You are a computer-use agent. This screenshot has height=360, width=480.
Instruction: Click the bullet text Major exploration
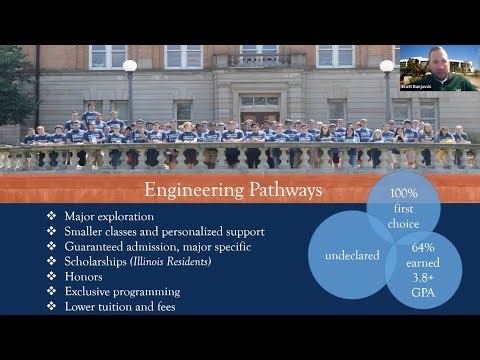(107, 216)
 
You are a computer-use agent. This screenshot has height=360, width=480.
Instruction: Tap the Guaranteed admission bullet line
(157, 246)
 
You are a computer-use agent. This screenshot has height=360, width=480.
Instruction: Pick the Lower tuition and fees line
(120, 306)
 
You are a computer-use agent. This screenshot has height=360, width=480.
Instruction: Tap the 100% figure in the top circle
(404, 192)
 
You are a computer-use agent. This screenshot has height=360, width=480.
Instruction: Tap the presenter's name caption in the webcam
(416, 87)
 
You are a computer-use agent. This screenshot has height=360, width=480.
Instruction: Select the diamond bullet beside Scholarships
(52, 261)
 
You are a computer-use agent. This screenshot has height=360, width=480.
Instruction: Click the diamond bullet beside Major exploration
(52, 216)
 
